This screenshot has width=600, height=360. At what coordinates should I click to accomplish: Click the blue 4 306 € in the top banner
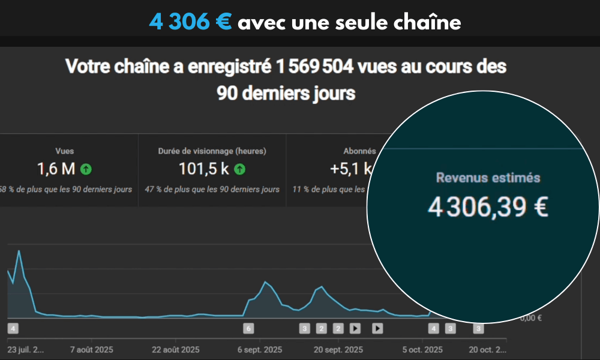[190, 22]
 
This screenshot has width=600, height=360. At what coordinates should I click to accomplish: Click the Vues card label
[64, 151]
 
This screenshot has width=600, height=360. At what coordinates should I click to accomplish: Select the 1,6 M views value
[56, 169]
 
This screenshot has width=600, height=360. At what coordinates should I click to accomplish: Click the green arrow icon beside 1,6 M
[86, 169]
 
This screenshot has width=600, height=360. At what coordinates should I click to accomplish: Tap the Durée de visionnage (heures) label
[212, 151]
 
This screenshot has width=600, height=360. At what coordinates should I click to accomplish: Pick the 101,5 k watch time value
[204, 169]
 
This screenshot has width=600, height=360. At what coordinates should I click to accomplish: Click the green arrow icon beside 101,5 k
[239, 169]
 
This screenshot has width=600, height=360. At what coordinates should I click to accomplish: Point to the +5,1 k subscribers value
[350, 169]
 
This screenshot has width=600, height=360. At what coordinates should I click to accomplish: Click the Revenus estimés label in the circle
[488, 178]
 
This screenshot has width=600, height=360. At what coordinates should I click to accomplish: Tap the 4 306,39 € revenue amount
[488, 207]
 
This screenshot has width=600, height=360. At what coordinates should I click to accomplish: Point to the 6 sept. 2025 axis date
[260, 350]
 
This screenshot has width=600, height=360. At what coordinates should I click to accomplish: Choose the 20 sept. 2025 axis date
[338, 350]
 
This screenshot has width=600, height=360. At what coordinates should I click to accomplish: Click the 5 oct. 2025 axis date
[422, 350]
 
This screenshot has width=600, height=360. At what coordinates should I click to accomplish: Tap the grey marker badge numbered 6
[248, 328]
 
